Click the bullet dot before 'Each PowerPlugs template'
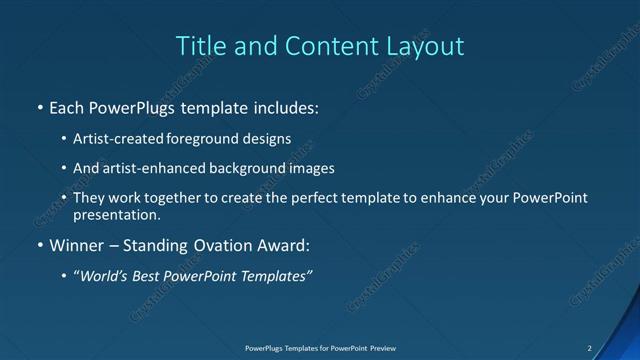coord(39,107)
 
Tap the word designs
coord(268,140)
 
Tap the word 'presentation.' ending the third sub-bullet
coord(116,215)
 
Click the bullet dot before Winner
coord(39,245)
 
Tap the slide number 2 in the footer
coord(589,348)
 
